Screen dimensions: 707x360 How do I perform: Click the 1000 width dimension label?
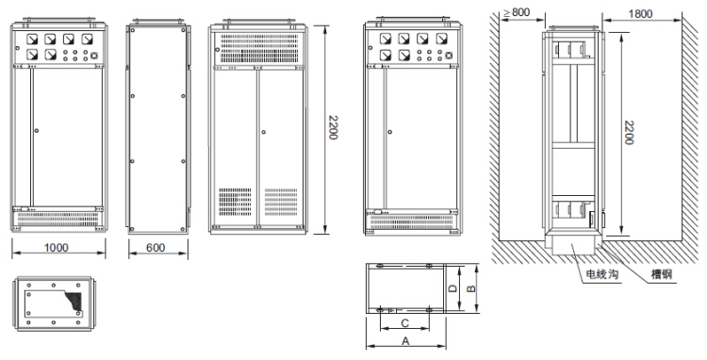pos(57,247)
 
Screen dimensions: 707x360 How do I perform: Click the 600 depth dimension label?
pos(156,247)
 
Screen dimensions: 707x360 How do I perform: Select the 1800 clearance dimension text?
pos(640,14)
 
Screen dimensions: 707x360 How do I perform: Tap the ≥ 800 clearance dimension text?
pos(517,12)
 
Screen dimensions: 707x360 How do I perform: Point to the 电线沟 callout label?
pos(602,274)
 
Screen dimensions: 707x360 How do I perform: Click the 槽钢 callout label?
pos(662,274)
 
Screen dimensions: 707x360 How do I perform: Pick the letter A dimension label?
pos(405,341)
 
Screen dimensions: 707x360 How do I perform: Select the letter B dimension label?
pos(470,288)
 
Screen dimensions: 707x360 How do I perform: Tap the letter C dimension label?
pos(405,323)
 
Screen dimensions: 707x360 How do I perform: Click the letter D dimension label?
pos(453,288)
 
